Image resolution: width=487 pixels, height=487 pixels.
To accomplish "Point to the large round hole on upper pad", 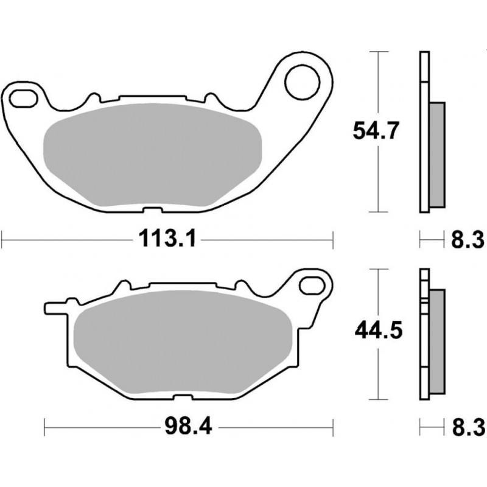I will [301, 83].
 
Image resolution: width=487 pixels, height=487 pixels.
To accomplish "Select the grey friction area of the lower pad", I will [183, 344].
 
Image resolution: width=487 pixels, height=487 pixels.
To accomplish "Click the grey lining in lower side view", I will [436, 341].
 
